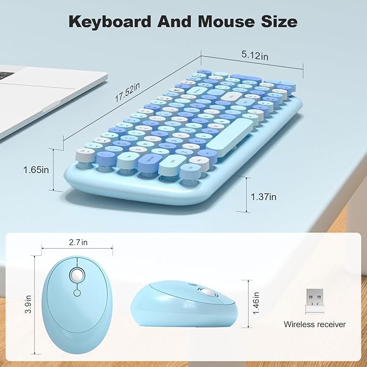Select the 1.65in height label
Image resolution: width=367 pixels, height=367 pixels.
click(36, 169)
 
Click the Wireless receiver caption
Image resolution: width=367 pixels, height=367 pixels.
click(315, 325)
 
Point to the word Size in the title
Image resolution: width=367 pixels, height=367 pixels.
click(277, 22)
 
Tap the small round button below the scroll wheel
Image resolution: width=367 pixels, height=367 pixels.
click(76, 293)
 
